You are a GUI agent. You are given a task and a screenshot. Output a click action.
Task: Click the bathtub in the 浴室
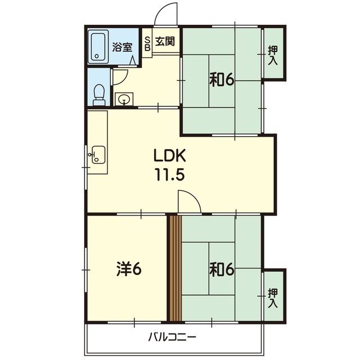(x=98, y=47)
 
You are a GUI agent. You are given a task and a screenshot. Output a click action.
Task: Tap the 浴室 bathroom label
(x=122, y=47)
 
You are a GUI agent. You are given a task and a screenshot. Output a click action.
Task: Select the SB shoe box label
(x=147, y=44)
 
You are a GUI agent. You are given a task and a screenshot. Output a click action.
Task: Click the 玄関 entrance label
(x=165, y=41)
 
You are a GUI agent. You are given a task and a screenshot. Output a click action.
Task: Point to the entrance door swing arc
(x=161, y=9)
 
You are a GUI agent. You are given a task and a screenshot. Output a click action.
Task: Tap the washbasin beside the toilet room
(x=124, y=99)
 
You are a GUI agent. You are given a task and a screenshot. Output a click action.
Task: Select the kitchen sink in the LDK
(x=98, y=155)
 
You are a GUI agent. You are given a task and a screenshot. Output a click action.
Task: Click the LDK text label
(x=169, y=155)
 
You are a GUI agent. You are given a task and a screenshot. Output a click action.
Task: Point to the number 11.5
(x=170, y=174)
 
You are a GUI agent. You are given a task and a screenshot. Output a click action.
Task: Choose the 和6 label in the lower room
(x=222, y=269)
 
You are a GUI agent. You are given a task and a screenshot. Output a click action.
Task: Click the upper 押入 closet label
(x=273, y=55)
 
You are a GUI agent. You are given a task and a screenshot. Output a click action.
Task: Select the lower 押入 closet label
(x=273, y=298)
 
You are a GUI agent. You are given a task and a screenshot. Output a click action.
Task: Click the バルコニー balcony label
(x=172, y=337)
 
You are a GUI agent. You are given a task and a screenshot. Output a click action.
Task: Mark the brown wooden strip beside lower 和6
(x=175, y=268)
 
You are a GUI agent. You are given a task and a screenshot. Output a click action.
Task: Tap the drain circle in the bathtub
(x=97, y=56)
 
